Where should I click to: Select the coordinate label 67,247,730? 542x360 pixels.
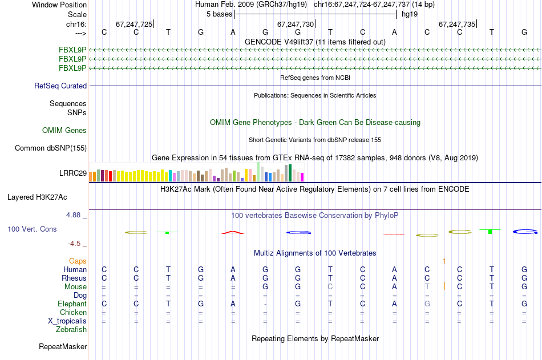[x=296, y=24]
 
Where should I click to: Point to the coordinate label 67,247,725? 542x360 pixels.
[x=134, y=24]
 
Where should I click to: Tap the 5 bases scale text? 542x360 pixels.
[x=219, y=14]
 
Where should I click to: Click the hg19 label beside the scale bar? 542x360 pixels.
[x=410, y=14]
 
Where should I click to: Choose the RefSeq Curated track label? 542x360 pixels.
[x=60, y=86]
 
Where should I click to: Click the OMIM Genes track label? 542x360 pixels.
[x=64, y=131]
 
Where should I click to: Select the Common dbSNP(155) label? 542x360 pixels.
[x=50, y=148]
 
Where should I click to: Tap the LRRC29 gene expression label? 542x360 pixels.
[x=73, y=173]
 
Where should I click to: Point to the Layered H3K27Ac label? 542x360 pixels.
[x=37, y=197]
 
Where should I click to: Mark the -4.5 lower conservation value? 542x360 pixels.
[x=75, y=244]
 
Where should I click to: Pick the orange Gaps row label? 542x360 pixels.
[x=78, y=261]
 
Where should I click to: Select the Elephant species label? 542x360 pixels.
[x=72, y=304]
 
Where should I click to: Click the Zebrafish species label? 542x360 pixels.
[x=71, y=330]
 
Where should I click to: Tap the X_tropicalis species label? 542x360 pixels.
[x=67, y=321]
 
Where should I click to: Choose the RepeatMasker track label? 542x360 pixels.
[x=63, y=347]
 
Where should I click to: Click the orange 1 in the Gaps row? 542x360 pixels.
[x=443, y=261]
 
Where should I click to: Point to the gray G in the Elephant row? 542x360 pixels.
[x=427, y=304]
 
